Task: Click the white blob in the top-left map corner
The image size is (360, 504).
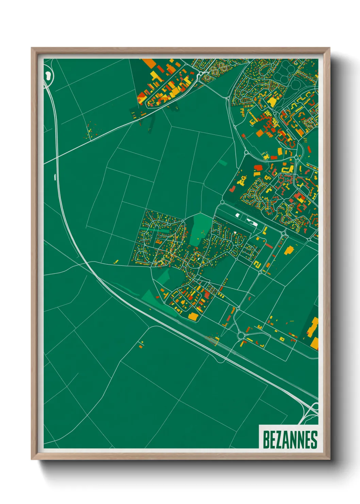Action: pyautogui.click(x=48, y=75)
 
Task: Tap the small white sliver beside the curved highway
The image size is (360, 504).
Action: pyautogui.click(x=55, y=176)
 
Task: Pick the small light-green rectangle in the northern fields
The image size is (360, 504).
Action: pyautogui.click(x=223, y=162)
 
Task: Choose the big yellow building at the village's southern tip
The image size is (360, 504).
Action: pyautogui.click(x=193, y=317)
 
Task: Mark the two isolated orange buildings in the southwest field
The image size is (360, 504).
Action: pyautogui.click(x=141, y=344)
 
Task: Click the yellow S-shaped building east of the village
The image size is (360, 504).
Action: pyautogui.click(x=258, y=264)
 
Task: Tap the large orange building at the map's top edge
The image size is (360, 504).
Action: pyautogui.click(x=149, y=63)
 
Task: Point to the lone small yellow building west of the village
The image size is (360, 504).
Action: pyautogui.click(x=116, y=262)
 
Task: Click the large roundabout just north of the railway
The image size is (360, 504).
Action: pyautogui.click(x=241, y=336)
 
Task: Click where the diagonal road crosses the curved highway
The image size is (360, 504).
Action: pyautogui.click(x=56, y=156)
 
